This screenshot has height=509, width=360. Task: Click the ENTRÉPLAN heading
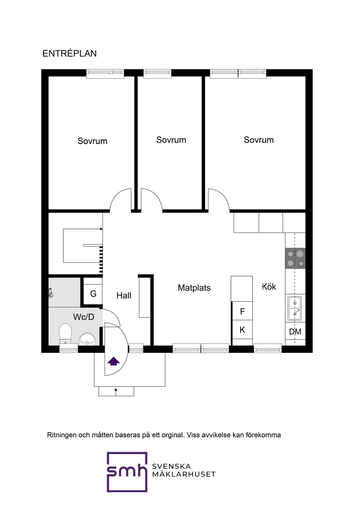69,53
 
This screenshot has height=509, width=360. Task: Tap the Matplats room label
194,288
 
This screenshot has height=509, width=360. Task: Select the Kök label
269,287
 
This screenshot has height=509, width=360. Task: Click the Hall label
124,296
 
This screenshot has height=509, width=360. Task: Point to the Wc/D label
84,317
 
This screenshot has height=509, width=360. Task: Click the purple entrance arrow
113,361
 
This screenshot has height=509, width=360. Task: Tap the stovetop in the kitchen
295,258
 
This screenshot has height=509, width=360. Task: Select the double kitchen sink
295,308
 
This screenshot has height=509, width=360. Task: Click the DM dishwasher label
295,332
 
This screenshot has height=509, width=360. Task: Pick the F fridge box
242,311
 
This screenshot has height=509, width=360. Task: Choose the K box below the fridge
242,330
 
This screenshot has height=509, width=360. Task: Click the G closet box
93,294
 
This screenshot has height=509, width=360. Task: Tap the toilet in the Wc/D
65,334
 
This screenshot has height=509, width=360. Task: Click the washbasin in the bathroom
87,339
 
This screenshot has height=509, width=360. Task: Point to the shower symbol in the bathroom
50,293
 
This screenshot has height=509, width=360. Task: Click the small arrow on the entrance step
116,392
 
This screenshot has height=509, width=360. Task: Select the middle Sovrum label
171,140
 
